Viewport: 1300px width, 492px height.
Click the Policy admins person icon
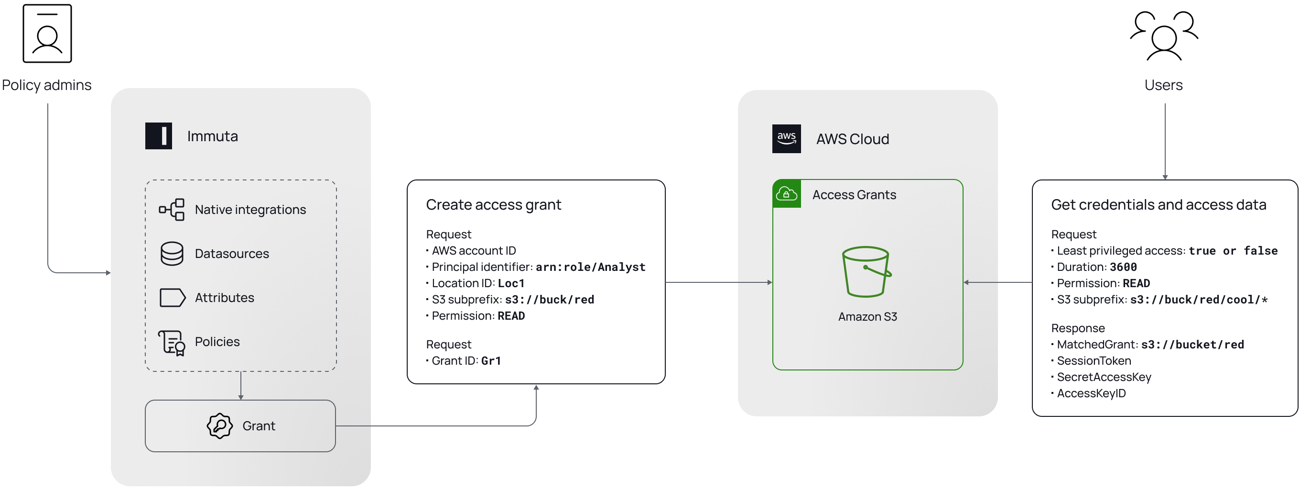[47, 34]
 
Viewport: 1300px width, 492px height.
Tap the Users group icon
[1164, 35]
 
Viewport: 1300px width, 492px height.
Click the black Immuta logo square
[159, 136]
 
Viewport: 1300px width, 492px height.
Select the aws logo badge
[786, 138]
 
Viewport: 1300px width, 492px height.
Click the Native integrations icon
[172, 210]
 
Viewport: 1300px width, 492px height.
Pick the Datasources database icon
[172, 254]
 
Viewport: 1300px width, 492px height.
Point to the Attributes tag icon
[172, 298]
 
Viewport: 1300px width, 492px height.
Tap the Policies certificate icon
[172, 343]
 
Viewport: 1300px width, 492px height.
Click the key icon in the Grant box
[219, 426]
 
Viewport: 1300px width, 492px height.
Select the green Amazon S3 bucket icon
[866, 272]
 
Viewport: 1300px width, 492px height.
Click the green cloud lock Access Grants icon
[786, 194]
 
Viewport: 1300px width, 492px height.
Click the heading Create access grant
[493, 204]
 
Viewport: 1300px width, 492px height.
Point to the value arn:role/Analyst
[590, 267]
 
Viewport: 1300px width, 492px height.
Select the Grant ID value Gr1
[490, 361]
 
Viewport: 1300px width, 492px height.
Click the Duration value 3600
[1123, 267]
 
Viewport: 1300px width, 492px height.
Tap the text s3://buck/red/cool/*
[1199, 300]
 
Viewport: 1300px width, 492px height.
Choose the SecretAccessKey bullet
[1104, 377]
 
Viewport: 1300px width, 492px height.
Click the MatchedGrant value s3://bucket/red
[1192, 345]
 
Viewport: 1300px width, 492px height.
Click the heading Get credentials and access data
[1158, 204]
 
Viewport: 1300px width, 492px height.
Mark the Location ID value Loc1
[511, 283]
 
